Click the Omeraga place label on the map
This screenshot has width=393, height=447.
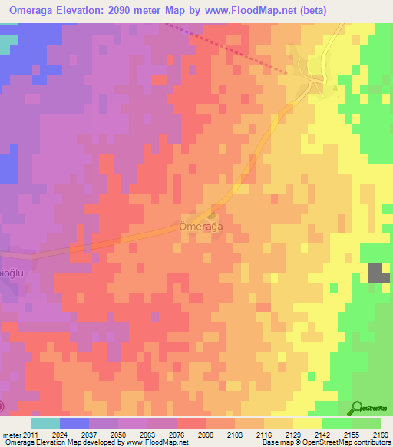(x=200, y=227)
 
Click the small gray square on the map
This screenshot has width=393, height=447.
(x=378, y=273)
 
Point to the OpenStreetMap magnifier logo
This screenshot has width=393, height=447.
(x=357, y=408)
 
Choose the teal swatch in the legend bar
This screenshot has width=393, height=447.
(x=45, y=423)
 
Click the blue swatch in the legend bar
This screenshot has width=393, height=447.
(x=74, y=423)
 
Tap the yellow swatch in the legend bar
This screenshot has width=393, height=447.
(x=307, y=423)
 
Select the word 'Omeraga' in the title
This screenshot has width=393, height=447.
(x=36, y=10)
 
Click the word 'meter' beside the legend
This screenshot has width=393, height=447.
(x=12, y=434)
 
